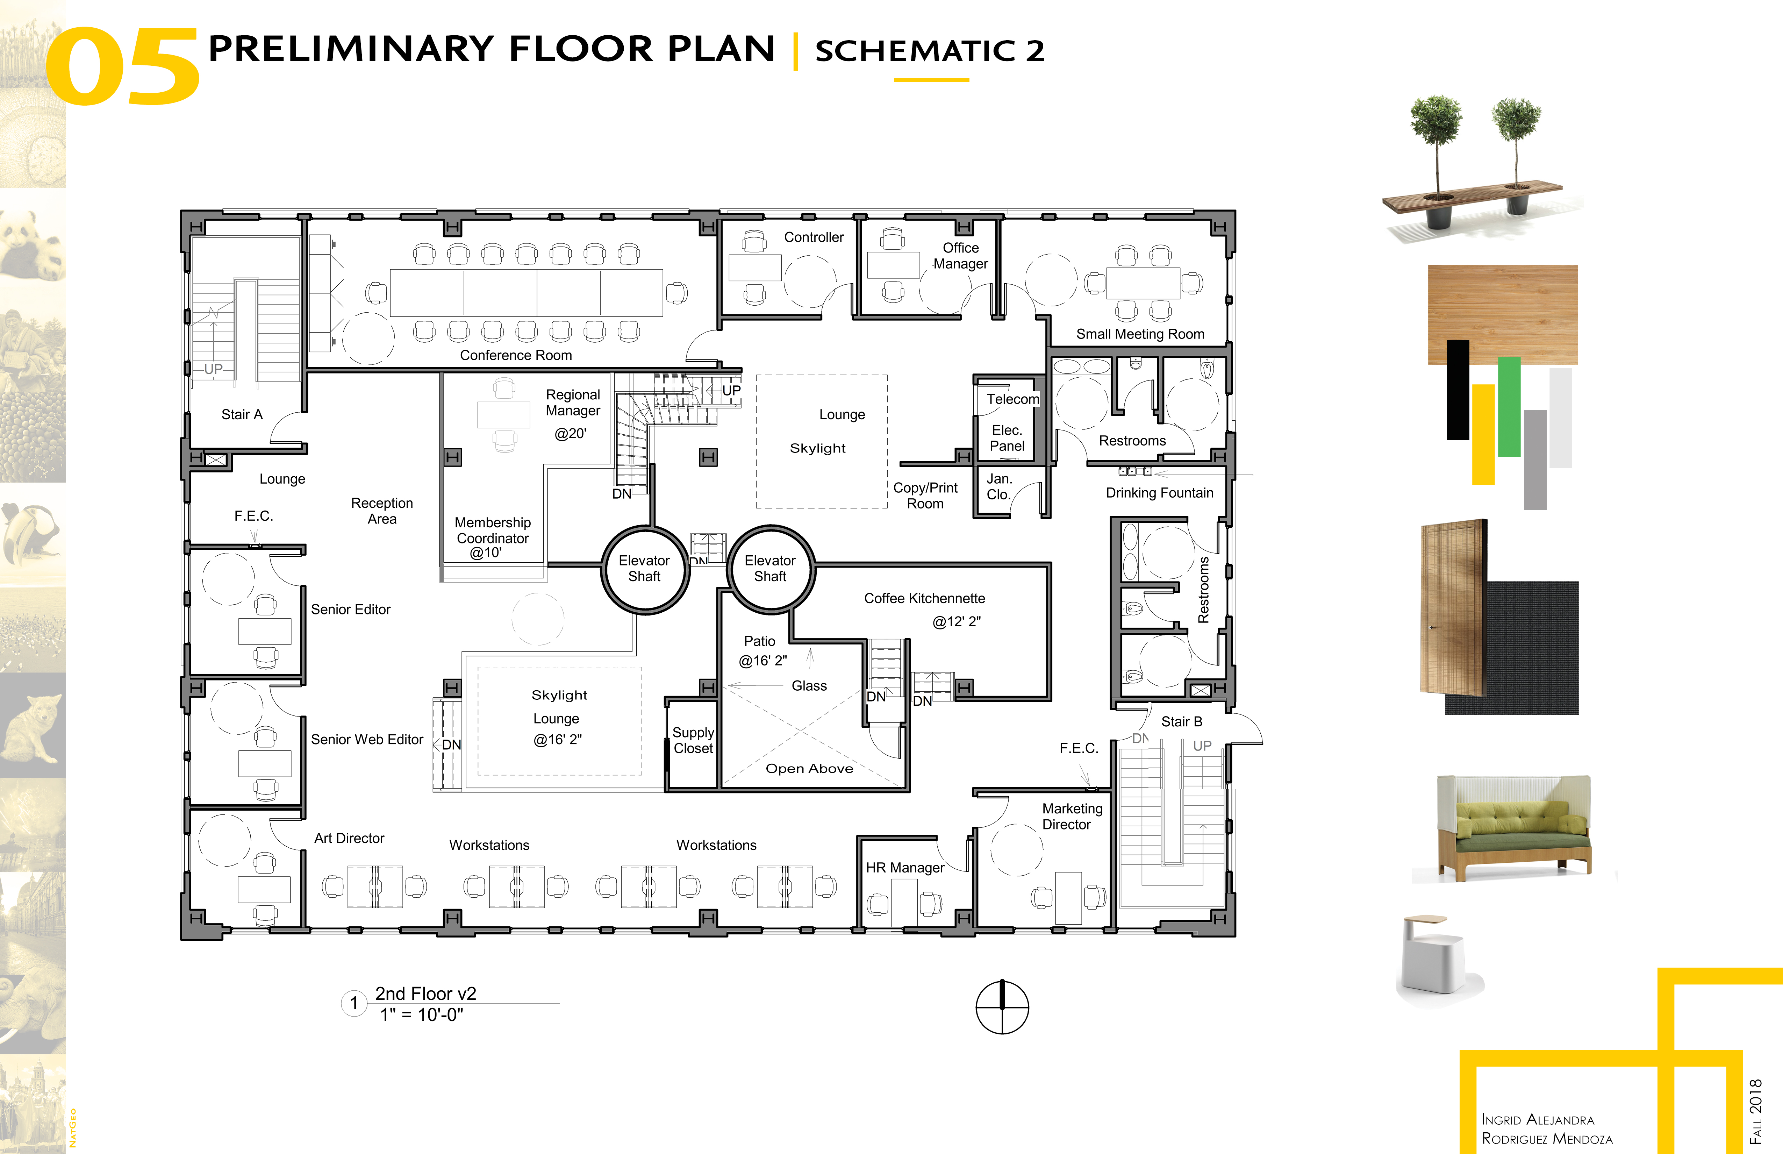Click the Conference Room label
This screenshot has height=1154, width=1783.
(x=515, y=355)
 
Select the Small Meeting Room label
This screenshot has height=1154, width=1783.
(x=1140, y=334)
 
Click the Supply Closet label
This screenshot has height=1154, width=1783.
(x=693, y=740)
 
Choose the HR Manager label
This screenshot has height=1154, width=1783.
(x=905, y=868)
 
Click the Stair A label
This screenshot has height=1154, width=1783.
(x=242, y=414)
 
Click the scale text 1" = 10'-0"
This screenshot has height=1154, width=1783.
(x=422, y=1014)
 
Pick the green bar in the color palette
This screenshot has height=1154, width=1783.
(x=1509, y=406)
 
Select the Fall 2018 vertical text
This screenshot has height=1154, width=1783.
(x=1755, y=1111)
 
